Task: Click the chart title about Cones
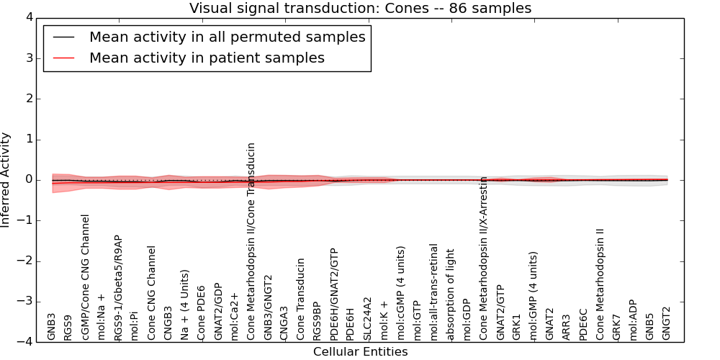(360, 9)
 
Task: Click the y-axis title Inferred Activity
(6, 180)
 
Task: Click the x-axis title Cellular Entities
(360, 352)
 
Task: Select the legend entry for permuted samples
(227, 37)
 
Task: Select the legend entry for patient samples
(207, 58)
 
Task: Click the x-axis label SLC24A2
(367, 318)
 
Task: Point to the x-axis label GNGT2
(666, 323)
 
